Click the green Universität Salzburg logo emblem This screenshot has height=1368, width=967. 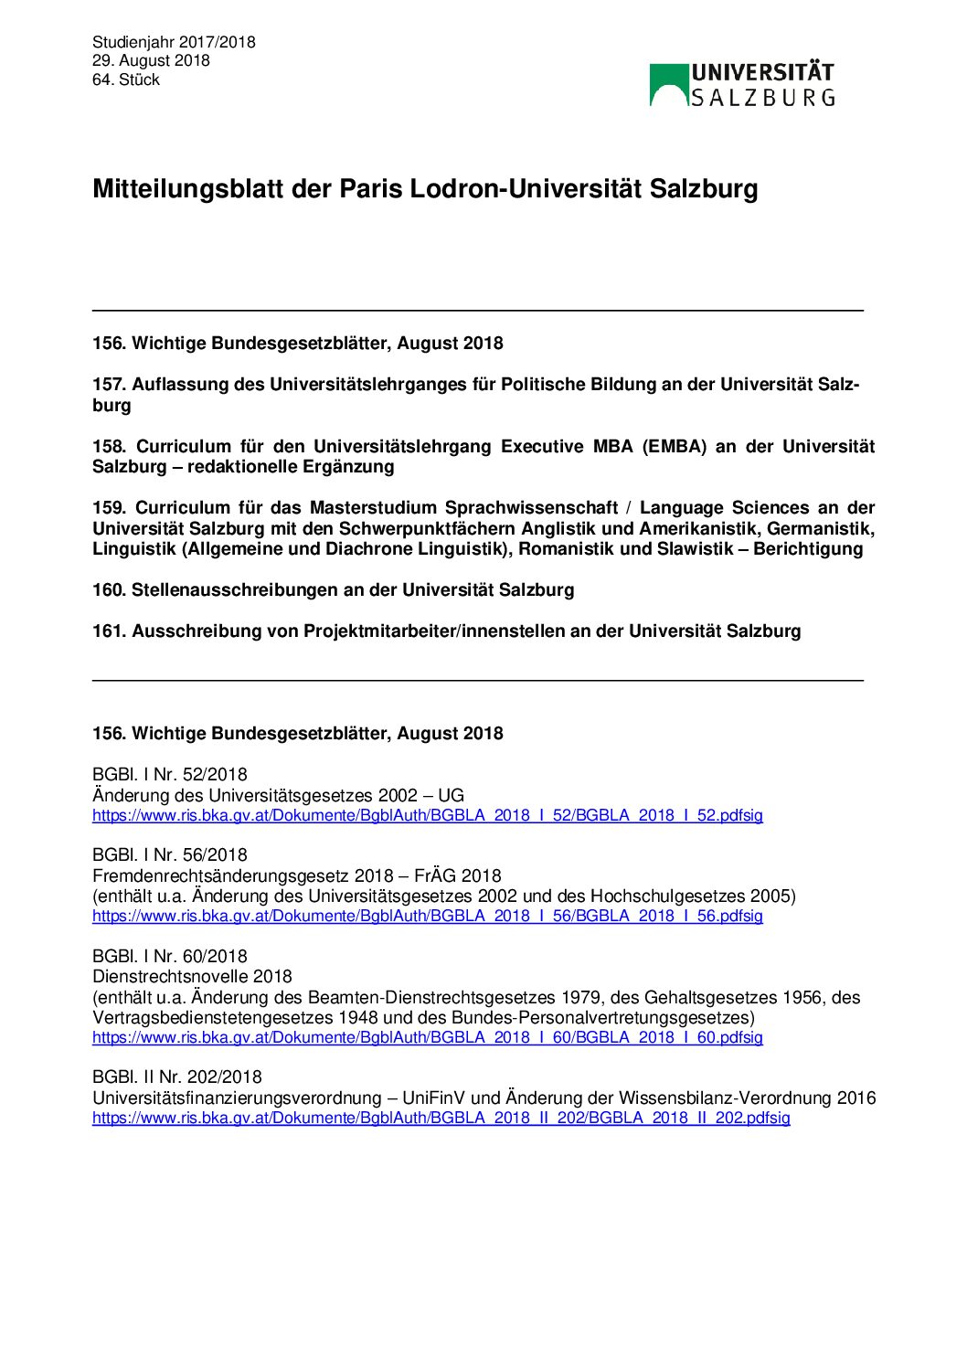pos(669,85)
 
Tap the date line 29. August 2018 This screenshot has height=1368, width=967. pos(151,60)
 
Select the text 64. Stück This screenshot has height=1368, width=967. pos(126,80)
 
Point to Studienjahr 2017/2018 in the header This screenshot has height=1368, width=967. pos(174,42)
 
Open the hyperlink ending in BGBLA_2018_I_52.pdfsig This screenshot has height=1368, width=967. pos(427,815)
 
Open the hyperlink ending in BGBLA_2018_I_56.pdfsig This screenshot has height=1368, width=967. pos(427,916)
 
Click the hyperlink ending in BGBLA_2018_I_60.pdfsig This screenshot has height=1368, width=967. pos(427,1037)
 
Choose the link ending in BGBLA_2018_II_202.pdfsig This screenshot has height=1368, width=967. pos(441,1118)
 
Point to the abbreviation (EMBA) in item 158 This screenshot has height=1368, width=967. pos(675,447)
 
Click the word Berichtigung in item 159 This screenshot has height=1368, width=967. pos(808,549)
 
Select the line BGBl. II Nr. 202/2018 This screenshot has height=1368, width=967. pos(177,1077)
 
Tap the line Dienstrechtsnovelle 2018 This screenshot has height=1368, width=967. pos(193,977)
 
